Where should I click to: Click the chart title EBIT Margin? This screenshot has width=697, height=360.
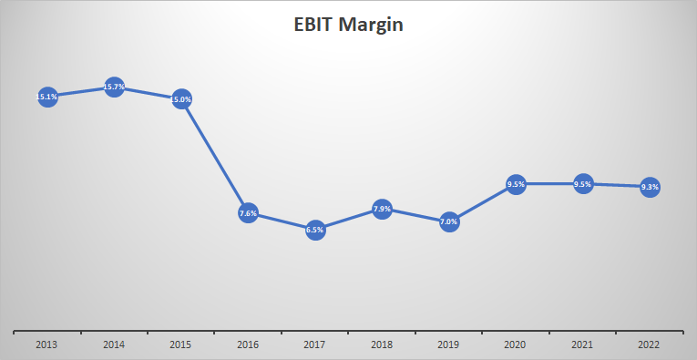pos(348,25)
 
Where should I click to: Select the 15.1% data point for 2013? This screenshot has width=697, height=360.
pos(47,96)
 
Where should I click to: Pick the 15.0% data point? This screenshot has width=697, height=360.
pos(181,98)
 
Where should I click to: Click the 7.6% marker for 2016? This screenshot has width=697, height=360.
pos(248,213)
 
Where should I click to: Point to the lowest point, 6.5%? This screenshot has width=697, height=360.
pos(315,231)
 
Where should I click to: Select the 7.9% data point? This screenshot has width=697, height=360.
pos(382,209)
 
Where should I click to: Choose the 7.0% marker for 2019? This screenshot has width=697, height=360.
pos(449,221)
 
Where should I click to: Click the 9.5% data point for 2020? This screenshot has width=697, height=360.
pos(516,184)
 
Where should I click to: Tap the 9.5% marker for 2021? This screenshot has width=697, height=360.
pos(583,184)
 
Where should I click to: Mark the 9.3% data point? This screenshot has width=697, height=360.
pos(650,187)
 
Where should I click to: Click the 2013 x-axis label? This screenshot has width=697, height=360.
pos(47,345)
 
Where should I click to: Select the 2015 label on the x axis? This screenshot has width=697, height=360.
pos(181,345)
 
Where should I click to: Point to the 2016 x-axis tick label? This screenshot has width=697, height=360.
pos(248,345)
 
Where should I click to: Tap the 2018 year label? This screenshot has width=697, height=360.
pos(382,345)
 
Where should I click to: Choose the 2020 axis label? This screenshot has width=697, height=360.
pos(516,345)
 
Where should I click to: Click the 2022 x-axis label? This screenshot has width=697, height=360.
pos(650,345)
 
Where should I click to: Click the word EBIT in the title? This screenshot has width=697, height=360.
pos(314,25)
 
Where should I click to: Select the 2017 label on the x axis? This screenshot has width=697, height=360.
pos(315,345)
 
